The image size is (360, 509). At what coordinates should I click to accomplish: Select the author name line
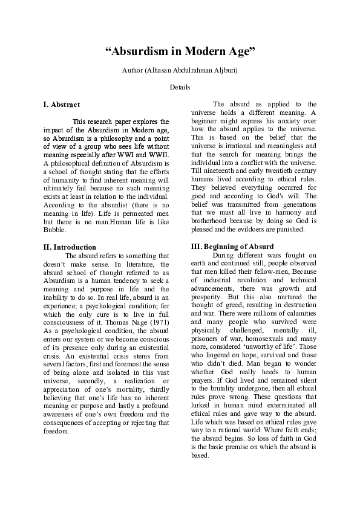[180, 71]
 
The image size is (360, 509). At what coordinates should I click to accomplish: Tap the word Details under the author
[180, 87]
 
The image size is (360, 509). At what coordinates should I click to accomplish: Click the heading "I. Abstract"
[62, 105]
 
